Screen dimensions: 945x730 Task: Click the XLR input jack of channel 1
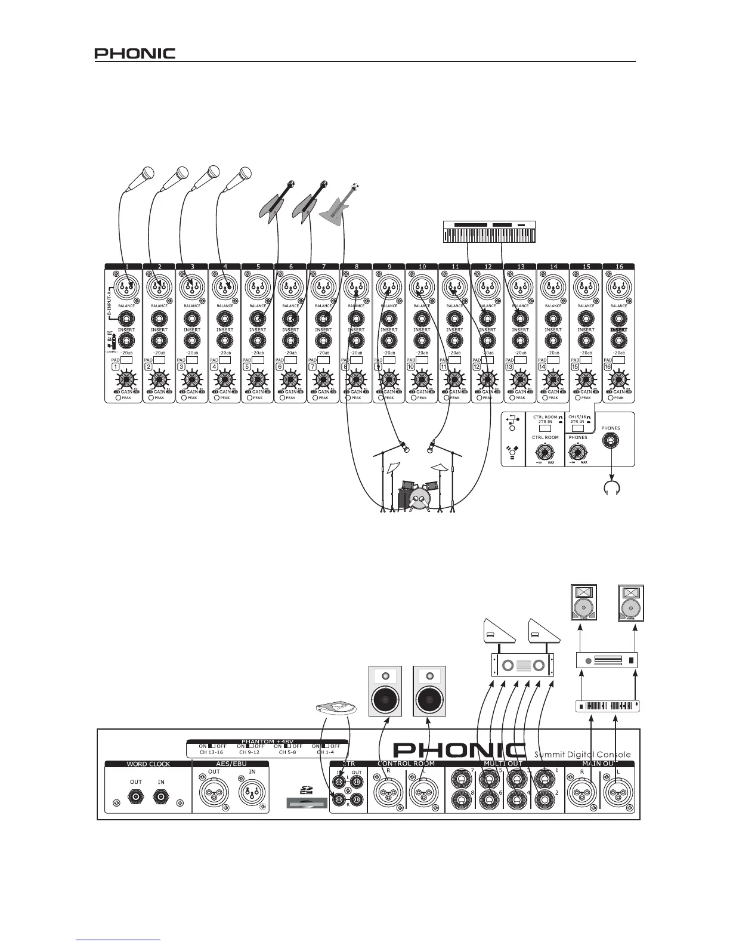[125, 289]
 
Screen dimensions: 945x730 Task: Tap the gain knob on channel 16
[618, 379]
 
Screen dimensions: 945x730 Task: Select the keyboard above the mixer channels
[493, 232]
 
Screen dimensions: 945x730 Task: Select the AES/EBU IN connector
[252, 793]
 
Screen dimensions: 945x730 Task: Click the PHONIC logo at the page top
[135, 54]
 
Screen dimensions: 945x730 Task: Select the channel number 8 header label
[356, 267]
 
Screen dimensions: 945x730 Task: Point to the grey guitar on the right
[339, 205]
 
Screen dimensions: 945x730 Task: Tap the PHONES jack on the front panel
[611, 442]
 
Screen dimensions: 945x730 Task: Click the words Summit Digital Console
[582, 755]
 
